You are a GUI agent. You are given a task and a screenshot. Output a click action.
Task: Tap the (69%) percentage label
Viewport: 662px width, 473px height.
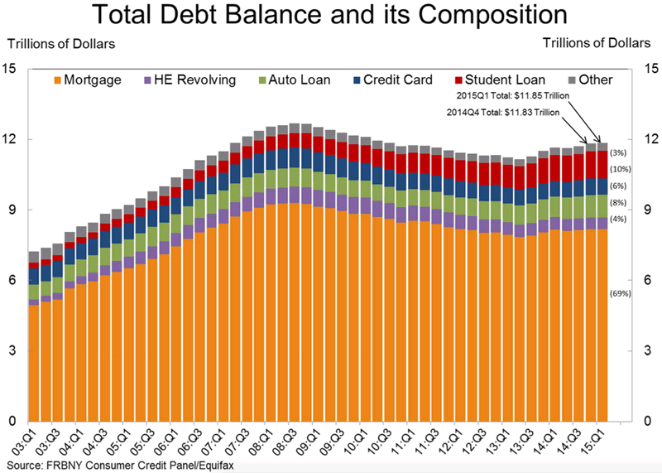click(x=620, y=293)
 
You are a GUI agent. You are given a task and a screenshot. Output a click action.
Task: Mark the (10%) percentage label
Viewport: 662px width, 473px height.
click(x=620, y=170)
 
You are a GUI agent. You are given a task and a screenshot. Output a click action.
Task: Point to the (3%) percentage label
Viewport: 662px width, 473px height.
click(x=618, y=152)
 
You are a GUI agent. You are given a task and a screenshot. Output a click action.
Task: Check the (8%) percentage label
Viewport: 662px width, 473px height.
click(x=618, y=201)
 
